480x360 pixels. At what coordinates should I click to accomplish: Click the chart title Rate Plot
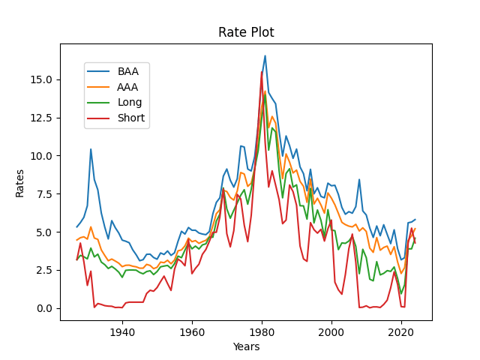246,32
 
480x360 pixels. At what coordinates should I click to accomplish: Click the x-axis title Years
246,346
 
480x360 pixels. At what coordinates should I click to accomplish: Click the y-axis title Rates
20,182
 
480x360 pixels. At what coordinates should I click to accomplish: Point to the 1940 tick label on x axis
122,331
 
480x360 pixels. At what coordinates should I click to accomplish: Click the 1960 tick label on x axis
192,331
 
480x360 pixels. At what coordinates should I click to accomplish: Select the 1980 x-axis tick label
262,331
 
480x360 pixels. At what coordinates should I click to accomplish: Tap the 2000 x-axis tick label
331,331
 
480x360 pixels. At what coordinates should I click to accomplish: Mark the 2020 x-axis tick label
401,331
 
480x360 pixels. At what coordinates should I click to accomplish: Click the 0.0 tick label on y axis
44,308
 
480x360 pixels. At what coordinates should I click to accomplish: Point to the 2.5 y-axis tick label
44,270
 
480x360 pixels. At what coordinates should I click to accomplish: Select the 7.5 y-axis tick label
44,194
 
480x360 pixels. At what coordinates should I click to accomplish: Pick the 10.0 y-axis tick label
42,156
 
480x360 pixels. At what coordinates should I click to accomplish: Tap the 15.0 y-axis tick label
42,79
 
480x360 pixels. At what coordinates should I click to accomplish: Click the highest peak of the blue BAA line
265,55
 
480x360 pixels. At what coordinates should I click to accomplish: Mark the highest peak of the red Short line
262,72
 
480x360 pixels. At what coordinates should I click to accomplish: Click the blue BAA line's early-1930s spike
91,149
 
